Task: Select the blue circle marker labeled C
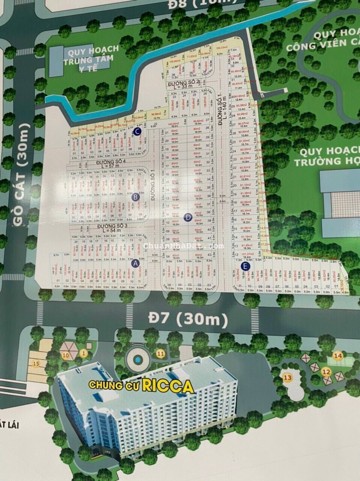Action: (138, 131)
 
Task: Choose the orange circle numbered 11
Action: (161, 353)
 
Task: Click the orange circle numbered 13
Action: (288, 377)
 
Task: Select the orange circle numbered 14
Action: (338, 355)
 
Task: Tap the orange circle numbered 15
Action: (36, 363)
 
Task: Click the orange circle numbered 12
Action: (326, 372)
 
